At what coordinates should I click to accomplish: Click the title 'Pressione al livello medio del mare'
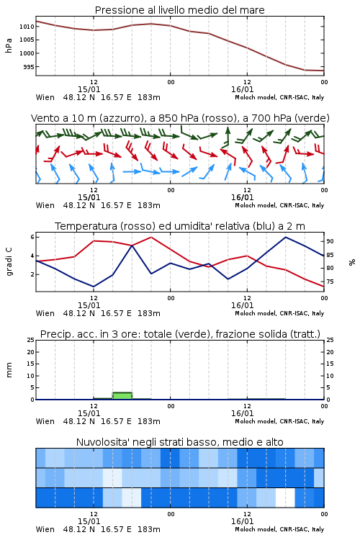point(179,10)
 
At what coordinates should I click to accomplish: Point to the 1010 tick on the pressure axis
point(27,27)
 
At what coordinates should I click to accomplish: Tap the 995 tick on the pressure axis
point(29,67)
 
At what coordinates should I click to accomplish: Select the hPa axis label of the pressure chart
point(9,45)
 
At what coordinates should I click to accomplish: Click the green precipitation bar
point(122,396)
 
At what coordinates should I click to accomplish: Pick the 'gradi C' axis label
point(9,262)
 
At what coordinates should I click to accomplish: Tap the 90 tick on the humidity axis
point(330,241)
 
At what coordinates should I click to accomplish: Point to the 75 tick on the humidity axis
point(330,282)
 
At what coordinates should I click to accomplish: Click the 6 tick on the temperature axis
point(32,237)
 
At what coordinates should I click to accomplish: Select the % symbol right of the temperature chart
point(352,262)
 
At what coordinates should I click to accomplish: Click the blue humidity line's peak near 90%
point(286,237)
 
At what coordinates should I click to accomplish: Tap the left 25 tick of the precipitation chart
point(31,340)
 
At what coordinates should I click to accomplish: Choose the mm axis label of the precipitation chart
point(9,370)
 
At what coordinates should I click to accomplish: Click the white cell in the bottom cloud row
point(285,498)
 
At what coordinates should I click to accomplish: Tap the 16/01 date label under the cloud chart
point(242,521)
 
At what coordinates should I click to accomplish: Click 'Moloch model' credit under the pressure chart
point(256,97)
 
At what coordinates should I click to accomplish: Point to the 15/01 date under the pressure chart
point(89,89)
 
